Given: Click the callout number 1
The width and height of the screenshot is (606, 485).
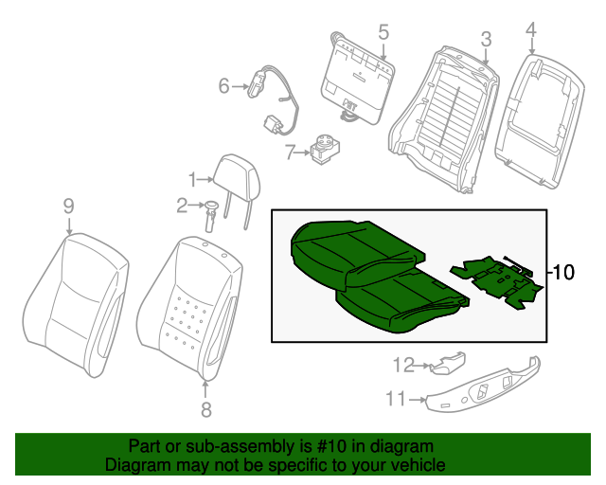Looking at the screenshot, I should point(192,178).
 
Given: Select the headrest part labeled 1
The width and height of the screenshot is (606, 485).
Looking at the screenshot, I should point(232,174).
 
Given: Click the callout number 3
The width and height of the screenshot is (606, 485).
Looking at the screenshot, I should point(485,39).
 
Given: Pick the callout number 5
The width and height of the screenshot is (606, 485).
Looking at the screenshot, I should point(383,32).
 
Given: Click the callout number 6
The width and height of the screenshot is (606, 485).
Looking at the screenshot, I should point(224,87).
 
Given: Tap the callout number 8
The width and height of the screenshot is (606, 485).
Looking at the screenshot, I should point(206,409).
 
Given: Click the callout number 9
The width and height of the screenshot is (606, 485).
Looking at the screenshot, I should point(68,206).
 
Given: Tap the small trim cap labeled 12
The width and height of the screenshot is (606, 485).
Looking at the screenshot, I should point(447,362).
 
